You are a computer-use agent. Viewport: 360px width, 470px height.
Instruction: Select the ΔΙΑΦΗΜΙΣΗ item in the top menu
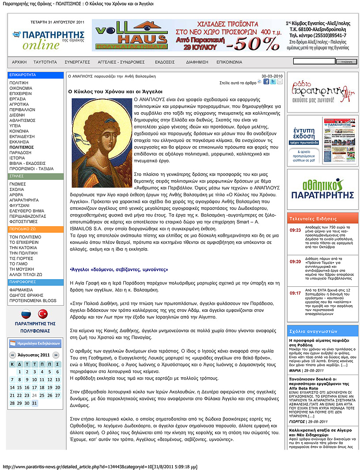(197, 62)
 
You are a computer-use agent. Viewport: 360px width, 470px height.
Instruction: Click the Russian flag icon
(26, 313)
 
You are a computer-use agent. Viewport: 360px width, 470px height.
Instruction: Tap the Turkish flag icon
(43, 313)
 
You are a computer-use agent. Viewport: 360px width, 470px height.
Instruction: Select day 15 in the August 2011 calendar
(13, 387)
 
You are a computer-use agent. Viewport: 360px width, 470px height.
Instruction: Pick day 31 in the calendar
(34, 403)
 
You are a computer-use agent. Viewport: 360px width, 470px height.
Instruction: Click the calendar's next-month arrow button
(56, 355)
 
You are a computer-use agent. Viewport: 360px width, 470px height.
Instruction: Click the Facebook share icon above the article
(266, 82)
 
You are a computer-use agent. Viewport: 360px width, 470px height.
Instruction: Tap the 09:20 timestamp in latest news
(296, 262)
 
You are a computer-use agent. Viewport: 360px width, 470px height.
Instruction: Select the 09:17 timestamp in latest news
(296, 293)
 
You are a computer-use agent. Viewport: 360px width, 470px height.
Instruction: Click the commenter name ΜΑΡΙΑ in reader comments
(295, 371)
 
